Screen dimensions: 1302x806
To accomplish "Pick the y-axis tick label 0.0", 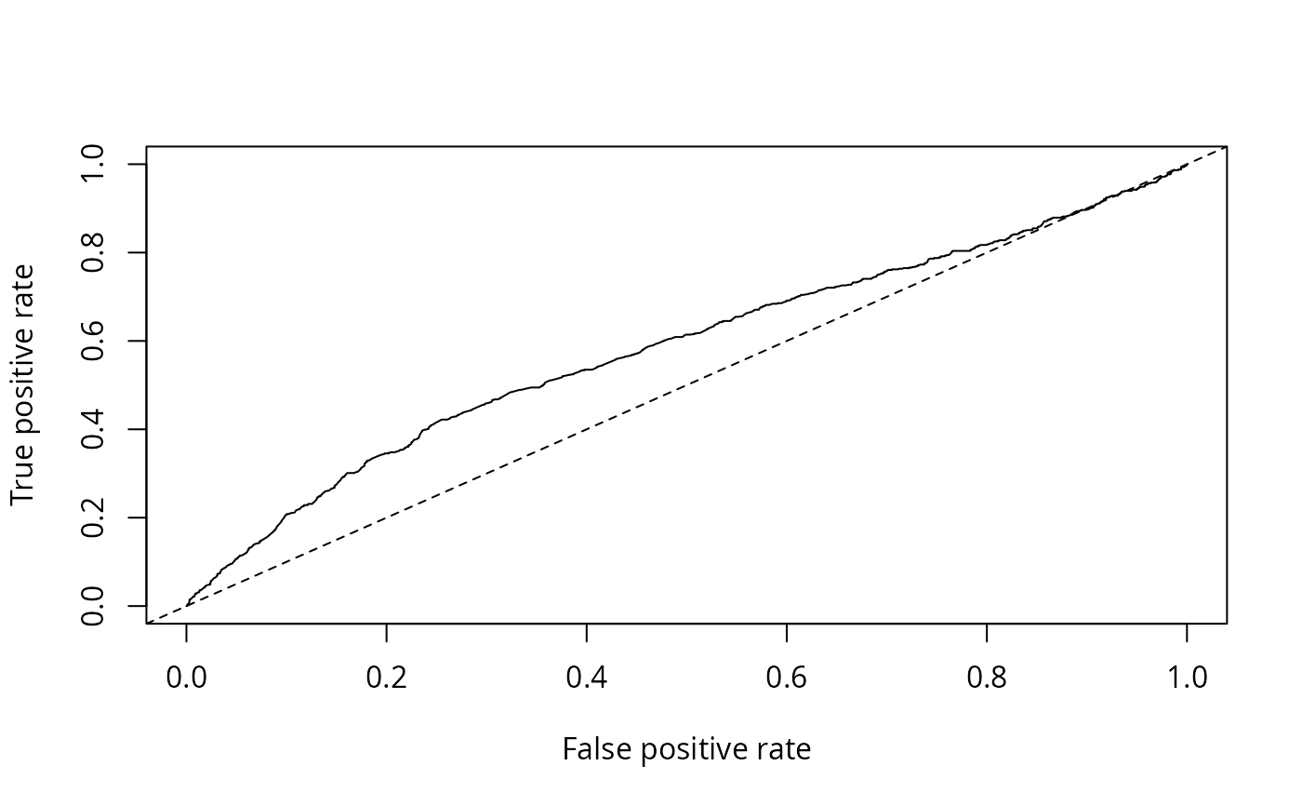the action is pyautogui.click(x=93, y=606).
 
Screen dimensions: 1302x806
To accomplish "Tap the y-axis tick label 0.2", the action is pyautogui.click(x=93, y=517).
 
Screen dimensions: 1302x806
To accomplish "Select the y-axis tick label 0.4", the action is pyautogui.click(x=93, y=429).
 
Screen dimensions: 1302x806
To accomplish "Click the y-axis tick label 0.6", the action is pyautogui.click(x=93, y=341).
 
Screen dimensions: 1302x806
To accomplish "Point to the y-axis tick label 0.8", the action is pyautogui.click(x=93, y=252).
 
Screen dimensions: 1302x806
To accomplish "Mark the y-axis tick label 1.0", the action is pyautogui.click(x=93, y=165).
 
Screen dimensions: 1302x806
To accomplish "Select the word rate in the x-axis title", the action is pyautogui.click(x=783, y=750).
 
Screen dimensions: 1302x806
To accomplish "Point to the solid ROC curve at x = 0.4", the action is pyautogui.click(x=587, y=369).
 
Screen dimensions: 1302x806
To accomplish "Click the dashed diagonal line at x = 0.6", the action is pyautogui.click(x=787, y=341).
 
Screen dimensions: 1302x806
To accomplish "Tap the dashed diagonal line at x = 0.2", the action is pyautogui.click(x=387, y=517).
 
